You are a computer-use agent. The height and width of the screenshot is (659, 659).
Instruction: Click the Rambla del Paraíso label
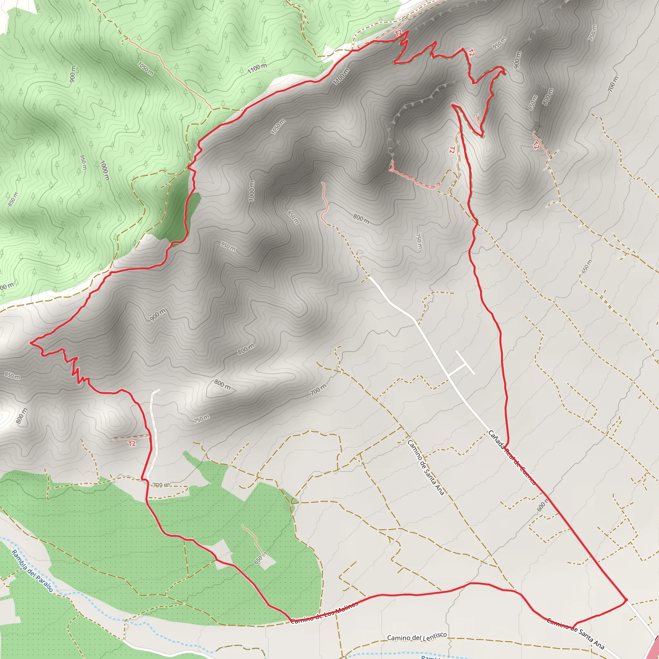click(x=32, y=570)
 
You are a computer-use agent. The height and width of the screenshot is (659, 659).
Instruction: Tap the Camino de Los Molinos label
click(x=324, y=612)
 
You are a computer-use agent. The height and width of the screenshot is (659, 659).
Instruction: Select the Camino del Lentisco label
click(x=417, y=636)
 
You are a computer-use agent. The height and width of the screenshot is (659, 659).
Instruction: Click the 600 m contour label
click(x=543, y=505)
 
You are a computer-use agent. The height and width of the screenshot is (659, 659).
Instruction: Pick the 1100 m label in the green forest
click(x=257, y=68)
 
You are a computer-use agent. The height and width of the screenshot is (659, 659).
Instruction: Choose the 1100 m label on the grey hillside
click(x=341, y=76)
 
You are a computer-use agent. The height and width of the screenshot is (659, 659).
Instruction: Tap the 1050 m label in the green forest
click(x=146, y=68)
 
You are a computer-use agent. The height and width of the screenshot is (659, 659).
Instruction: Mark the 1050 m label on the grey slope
click(x=278, y=126)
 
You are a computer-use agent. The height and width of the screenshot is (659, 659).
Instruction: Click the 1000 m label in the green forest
click(x=105, y=170)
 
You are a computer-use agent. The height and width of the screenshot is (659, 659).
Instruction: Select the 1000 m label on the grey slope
click(x=252, y=191)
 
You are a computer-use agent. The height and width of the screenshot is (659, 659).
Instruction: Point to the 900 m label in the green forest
click(x=73, y=74)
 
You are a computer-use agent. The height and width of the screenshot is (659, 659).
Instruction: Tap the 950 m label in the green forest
click(x=83, y=162)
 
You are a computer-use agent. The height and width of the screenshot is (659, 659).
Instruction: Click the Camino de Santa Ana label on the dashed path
click(x=426, y=467)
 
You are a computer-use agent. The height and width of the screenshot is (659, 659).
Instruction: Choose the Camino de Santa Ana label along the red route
click(x=575, y=633)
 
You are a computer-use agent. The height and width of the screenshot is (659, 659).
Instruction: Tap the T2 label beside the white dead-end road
click(x=132, y=443)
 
